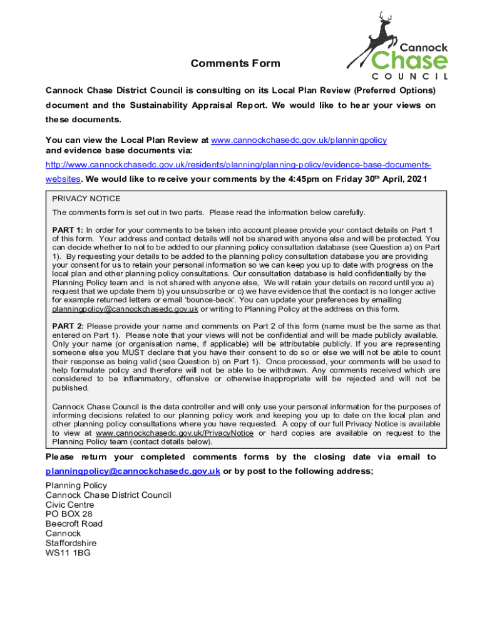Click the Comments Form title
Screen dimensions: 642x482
tap(235, 63)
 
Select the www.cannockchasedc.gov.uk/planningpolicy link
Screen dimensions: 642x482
tap(299, 140)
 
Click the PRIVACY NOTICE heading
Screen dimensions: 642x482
tap(78, 199)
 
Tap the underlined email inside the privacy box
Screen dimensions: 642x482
tap(125, 309)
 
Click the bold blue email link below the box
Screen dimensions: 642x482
tap(133, 471)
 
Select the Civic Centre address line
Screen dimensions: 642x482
tap(69, 505)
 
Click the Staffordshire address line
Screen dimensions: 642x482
tap(71, 543)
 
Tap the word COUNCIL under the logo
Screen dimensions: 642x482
tap(406, 76)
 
